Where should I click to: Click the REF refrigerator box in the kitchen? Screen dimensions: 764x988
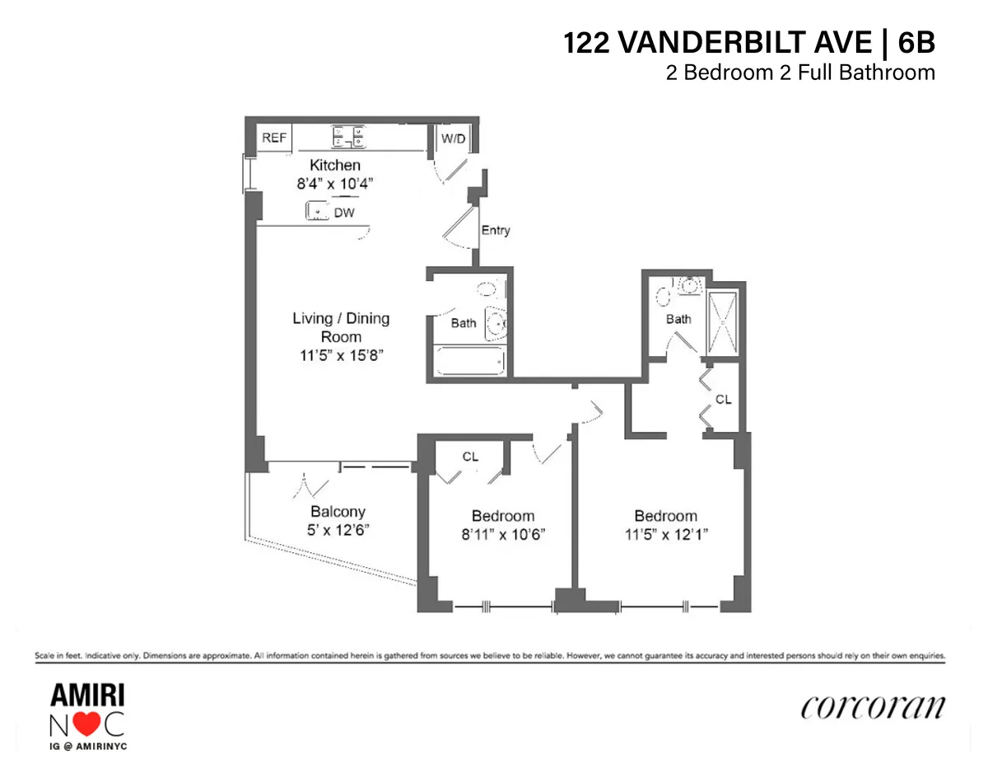pos(274,138)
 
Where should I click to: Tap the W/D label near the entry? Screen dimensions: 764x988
pos(453,138)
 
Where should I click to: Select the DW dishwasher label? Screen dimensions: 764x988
pos(343,213)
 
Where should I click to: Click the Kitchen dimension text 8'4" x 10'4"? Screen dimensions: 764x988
pos(334,184)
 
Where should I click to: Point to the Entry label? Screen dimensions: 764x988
pos(496,230)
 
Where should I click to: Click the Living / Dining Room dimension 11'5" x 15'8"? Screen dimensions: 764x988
pos(341,356)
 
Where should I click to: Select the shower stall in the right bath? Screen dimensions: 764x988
pos(722,324)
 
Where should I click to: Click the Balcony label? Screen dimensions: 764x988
pos(338,511)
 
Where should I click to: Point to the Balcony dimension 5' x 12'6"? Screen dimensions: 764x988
pos(338,530)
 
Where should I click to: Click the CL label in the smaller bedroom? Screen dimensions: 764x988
pos(470,457)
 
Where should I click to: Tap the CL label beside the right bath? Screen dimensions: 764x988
pos(723,400)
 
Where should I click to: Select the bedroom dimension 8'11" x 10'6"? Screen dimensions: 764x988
pos(502,534)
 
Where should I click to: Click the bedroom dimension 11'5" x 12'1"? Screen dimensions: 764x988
pos(665,534)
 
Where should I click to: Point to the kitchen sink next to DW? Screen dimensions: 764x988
pos(317,213)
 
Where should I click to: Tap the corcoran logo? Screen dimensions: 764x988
pos(872,707)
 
